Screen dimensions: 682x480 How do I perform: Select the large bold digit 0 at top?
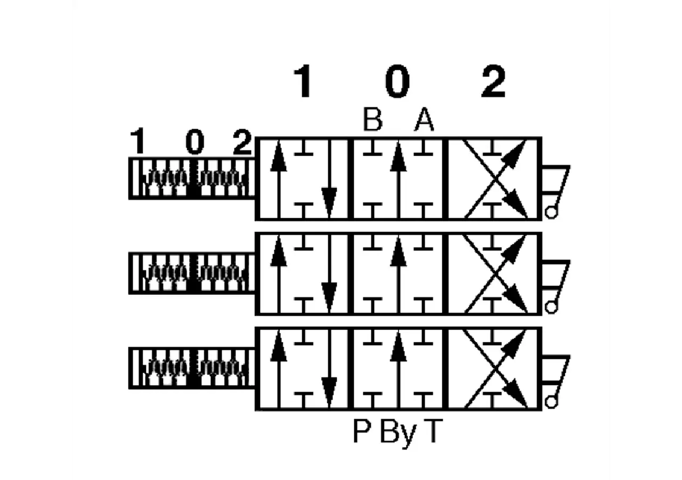pyautogui.click(x=397, y=81)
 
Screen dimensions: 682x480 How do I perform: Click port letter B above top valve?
pyautogui.click(x=372, y=119)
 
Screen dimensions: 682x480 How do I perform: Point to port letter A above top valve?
pyautogui.click(x=424, y=119)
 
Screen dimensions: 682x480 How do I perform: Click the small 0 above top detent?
pyautogui.click(x=195, y=141)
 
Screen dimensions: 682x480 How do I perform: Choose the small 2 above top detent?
pyautogui.click(x=242, y=141)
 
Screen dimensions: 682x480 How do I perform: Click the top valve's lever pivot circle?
pyautogui.click(x=551, y=213)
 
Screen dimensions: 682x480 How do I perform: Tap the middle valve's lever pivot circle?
pyautogui.click(x=551, y=307)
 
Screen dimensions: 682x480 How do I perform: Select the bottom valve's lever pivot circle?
pyautogui.click(x=551, y=402)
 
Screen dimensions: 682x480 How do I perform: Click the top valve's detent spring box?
pyautogui.click(x=192, y=179)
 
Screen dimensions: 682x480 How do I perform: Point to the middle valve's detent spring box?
pyautogui.click(x=192, y=274)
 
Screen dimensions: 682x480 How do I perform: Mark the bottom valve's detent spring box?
pyautogui.click(x=192, y=368)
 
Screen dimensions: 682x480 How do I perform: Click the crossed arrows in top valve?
pyautogui.click(x=496, y=179)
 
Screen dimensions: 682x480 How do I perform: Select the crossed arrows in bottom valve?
pyautogui.click(x=496, y=368)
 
